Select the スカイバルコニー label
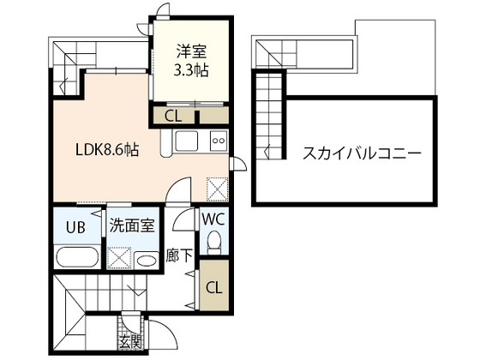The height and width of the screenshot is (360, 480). coord(361,155)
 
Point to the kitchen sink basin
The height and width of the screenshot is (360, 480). coord(187,141)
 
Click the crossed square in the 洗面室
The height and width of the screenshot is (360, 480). coord(120,256)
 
